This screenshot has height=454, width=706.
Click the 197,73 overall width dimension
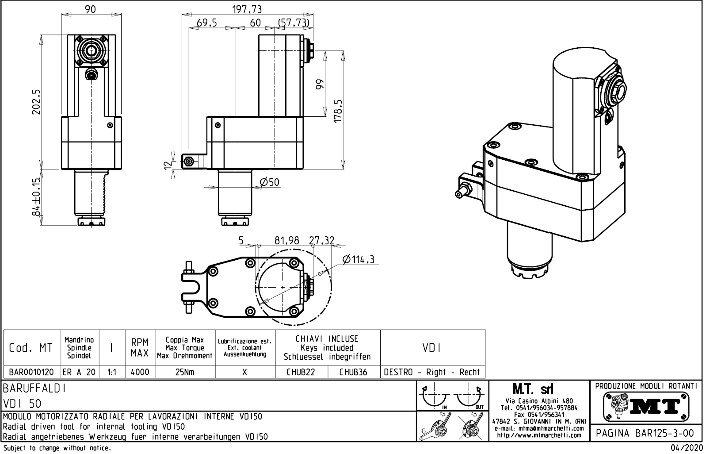click(x=247, y=9)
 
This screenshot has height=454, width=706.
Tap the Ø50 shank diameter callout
click(x=270, y=182)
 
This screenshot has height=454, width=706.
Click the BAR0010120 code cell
click(x=31, y=372)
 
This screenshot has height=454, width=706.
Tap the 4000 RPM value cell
click(x=140, y=372)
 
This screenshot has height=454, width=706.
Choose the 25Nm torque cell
click(x=185, y=372)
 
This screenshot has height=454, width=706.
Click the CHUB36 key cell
click(x=353, y=372)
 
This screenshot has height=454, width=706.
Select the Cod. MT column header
click(x=31, y=348)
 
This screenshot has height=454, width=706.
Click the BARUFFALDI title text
click(x=35, y=389)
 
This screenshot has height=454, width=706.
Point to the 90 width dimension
click(x=91, y=10)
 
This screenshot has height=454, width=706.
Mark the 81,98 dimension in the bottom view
click(x=287, y=240)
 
